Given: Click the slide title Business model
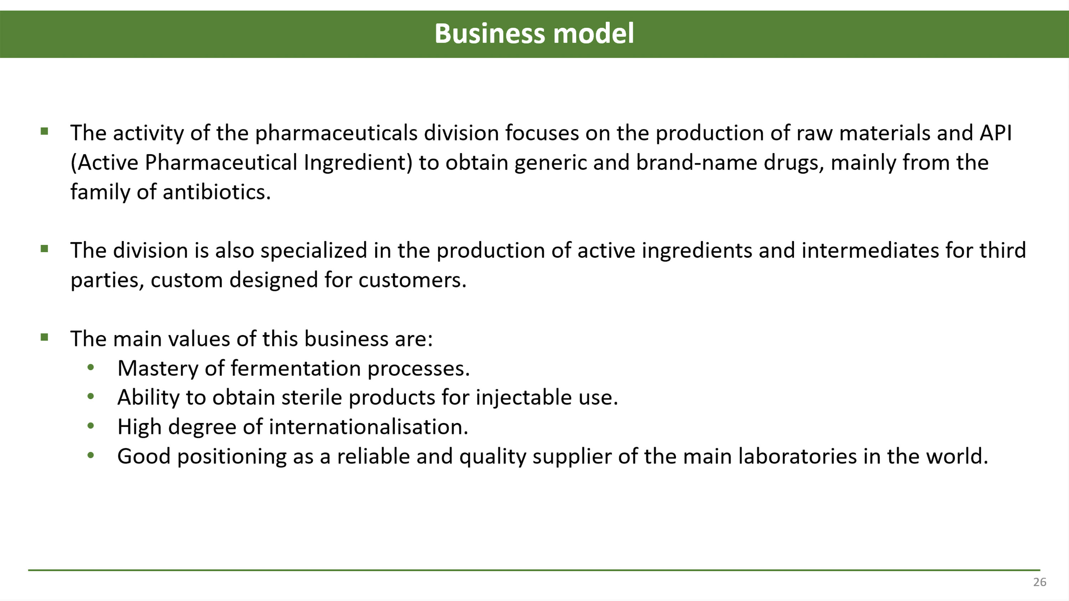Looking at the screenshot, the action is coord(534,33).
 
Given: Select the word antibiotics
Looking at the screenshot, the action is coord(217,192).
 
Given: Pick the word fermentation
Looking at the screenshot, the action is coord(295,368).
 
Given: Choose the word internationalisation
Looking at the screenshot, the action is coord(368,427).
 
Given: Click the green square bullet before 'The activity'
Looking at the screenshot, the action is coord(45,131).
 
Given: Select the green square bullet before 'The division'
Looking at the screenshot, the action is coord(45,249).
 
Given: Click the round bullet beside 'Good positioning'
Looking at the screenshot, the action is coord(91,455).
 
